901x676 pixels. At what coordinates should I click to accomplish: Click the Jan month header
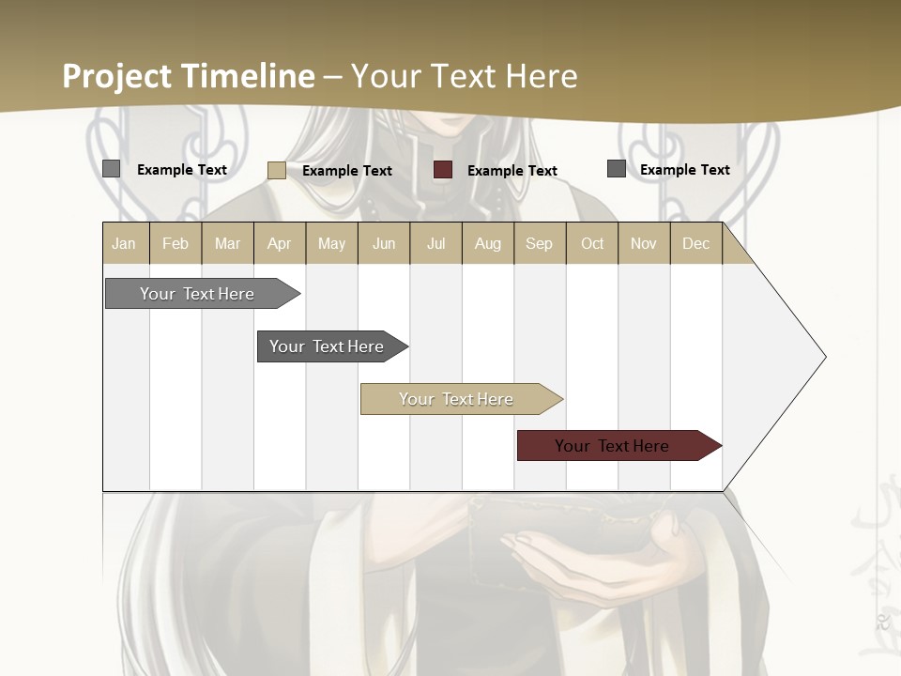point(124,244)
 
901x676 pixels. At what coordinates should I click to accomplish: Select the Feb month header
point(176,244)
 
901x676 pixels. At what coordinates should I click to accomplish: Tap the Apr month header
point(280,244)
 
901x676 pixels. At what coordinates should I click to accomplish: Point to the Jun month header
point(384,244)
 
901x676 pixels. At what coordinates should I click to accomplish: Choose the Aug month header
point(488,244)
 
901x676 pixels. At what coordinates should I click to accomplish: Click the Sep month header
point(540,244)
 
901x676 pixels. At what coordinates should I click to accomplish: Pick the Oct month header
point(592,244)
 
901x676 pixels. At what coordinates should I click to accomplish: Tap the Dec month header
point(696,244)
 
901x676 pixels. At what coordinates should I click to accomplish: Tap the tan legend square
point(277,170)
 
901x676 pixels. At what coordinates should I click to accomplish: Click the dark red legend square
point(443,170)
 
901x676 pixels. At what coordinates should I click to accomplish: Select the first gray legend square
point(112,169)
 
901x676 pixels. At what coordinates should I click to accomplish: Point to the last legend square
point(617,169)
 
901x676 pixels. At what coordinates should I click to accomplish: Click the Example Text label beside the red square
point(512,171)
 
